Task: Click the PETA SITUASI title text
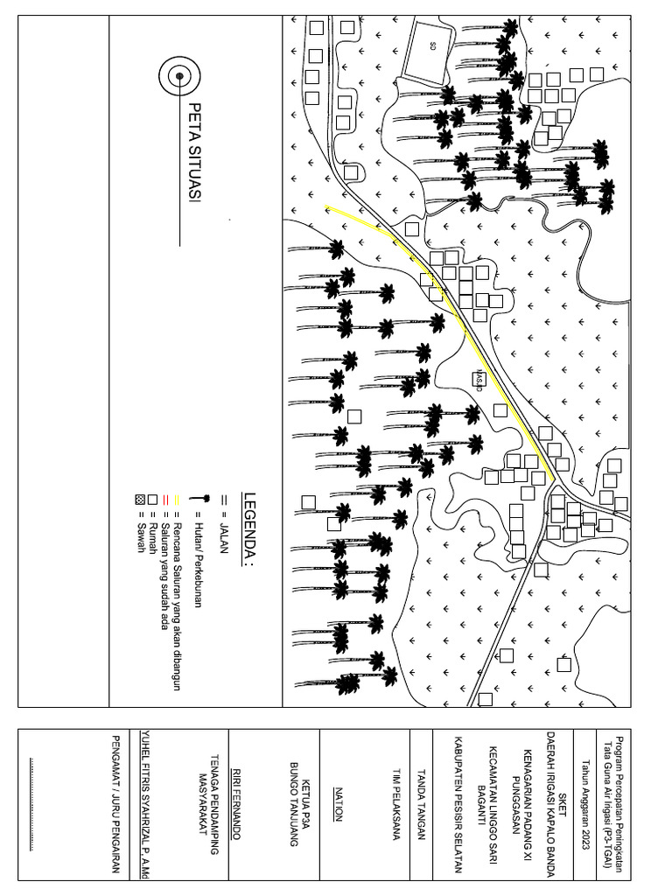click(x=194, y=154)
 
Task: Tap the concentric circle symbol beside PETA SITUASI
click(x=179, y=76)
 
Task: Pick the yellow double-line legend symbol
click(x=175, y=500)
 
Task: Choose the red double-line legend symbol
click(x=164, y=500)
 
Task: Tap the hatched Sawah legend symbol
click(x=140, y=500)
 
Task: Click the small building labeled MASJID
click(x=479, y=379)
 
